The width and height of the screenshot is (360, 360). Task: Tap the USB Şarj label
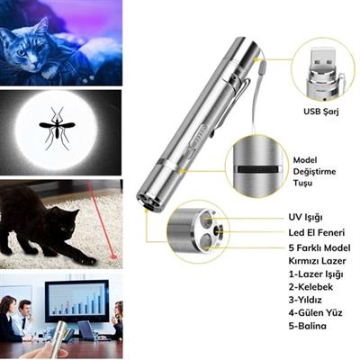point(320,114)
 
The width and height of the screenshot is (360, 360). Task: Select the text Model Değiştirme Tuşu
point(315,169)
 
